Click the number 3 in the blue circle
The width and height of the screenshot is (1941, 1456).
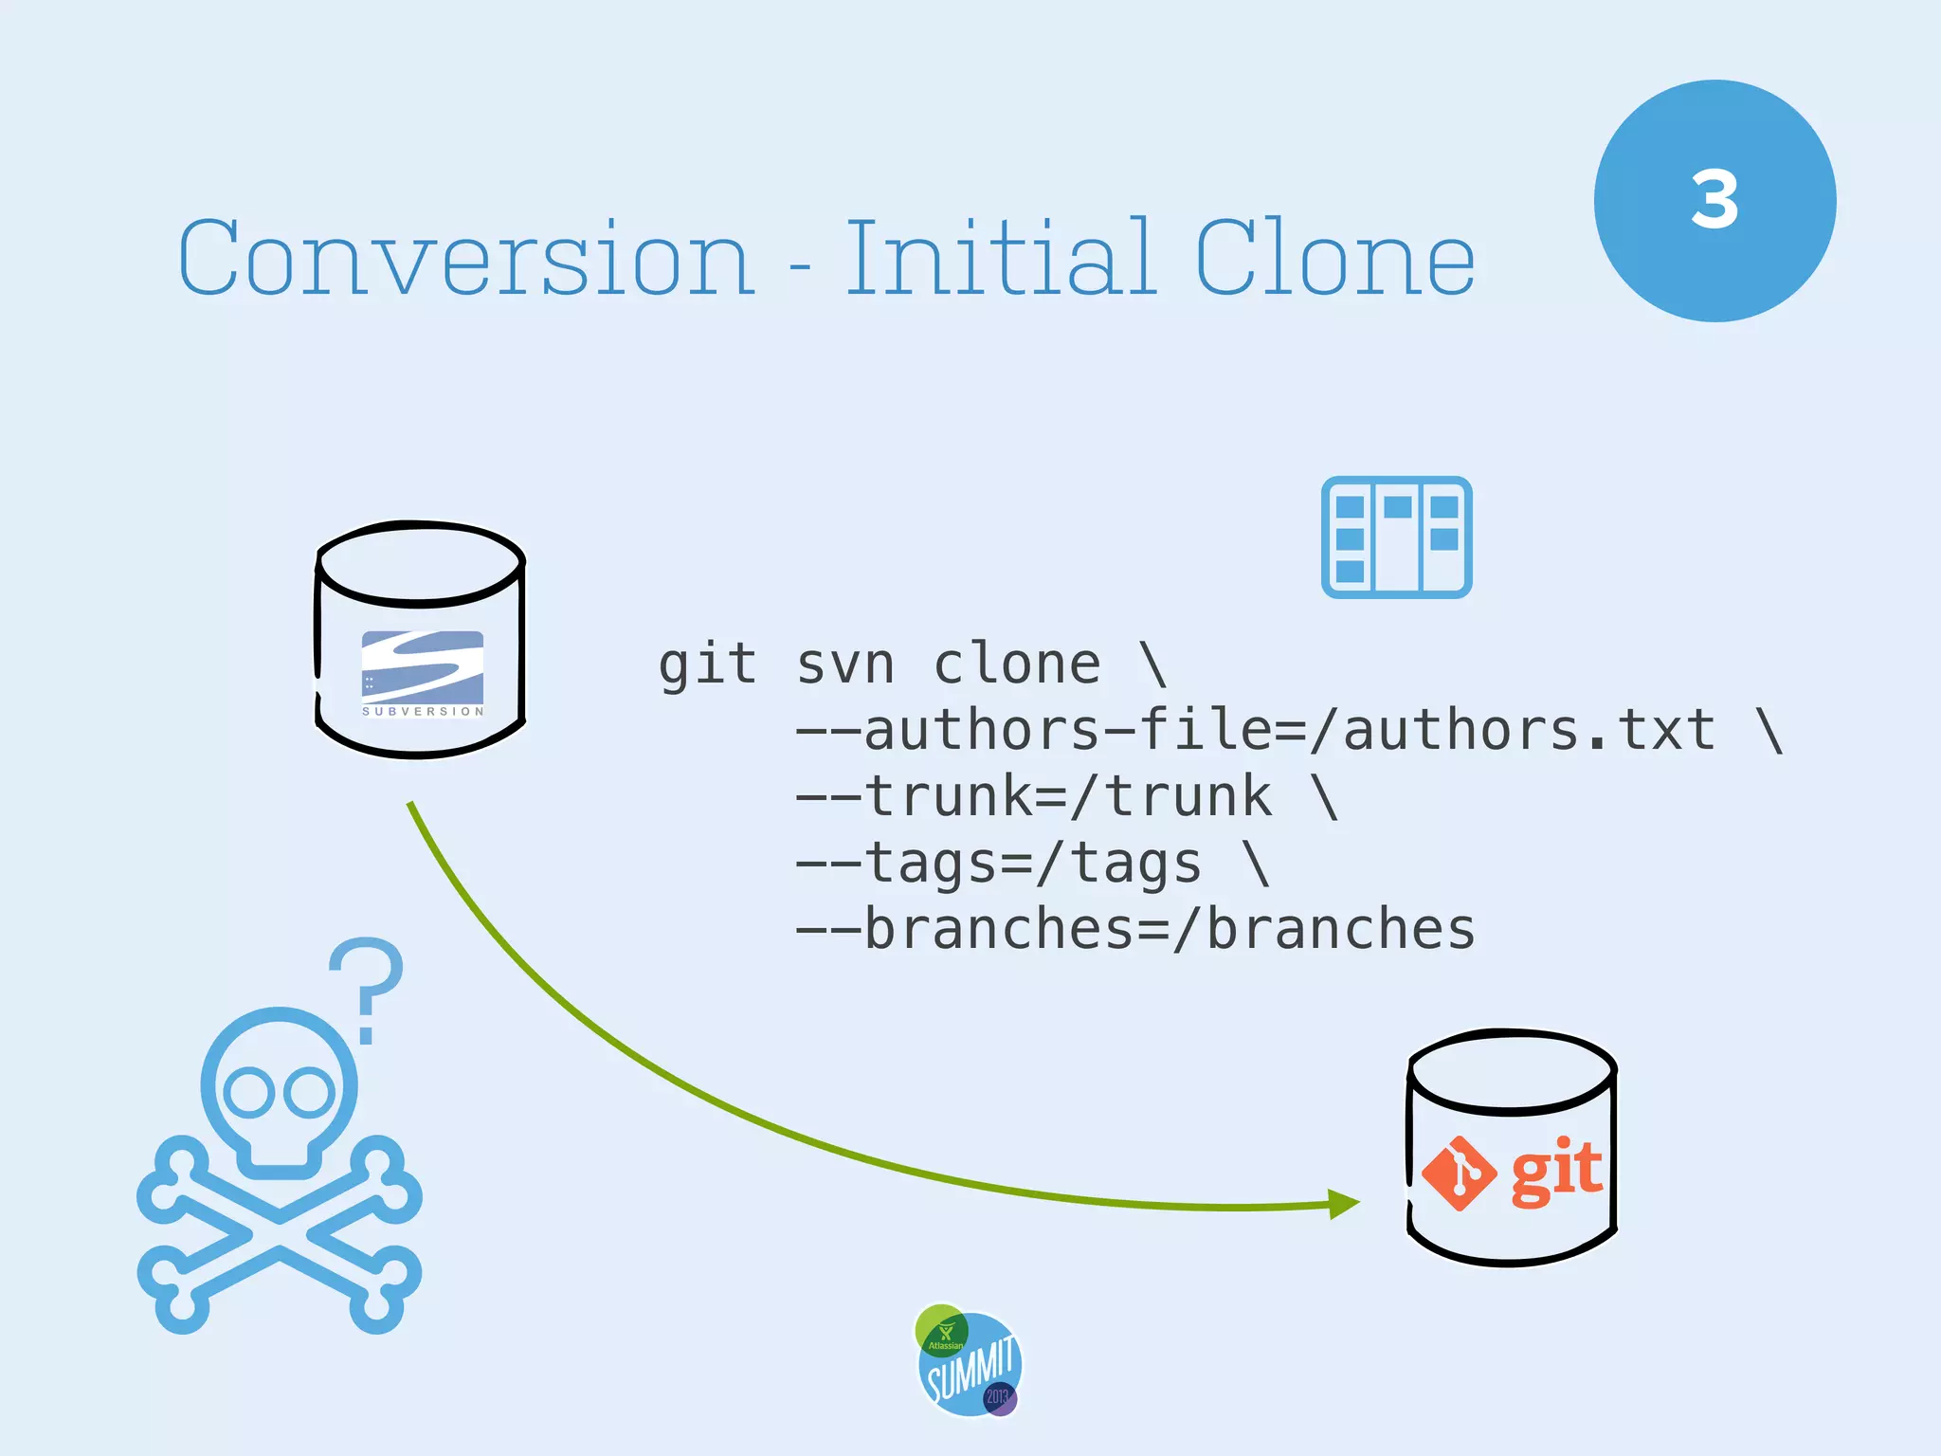(x=1714, y=201)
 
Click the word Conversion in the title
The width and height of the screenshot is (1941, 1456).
(x=466, y=259)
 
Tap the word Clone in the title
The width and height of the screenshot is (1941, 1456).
(x=1334, y=259)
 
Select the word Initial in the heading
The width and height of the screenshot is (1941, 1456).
(x=1000, y=257)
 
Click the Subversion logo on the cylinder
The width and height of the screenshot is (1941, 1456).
(x=423, y=673)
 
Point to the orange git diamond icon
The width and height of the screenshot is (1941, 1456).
(x=1460, y=1174)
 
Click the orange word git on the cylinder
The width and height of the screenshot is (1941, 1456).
(x=1555, y=1172)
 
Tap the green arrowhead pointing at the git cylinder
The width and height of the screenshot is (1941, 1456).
(x=1344, y=1204)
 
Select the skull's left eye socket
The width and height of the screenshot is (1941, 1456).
(x=249, y=1092)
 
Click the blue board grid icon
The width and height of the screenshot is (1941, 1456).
(x=1396, y=537)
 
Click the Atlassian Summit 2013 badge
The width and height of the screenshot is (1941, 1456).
(x=969, y=1361)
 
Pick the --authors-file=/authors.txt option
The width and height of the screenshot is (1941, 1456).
(x=1255, y=730)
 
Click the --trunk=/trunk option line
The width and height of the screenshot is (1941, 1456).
(x=1033, y=796)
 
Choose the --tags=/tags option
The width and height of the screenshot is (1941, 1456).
(x=998, y=863)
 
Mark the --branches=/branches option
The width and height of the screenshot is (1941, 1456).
(x=1134, y=929)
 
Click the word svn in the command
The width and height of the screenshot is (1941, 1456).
(x=845, y=664)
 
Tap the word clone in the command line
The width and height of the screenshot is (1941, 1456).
(x=1017, y=664)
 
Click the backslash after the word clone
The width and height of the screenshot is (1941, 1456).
(x=1153, y=664)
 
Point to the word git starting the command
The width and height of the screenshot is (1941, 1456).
(x=708, y=664)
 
